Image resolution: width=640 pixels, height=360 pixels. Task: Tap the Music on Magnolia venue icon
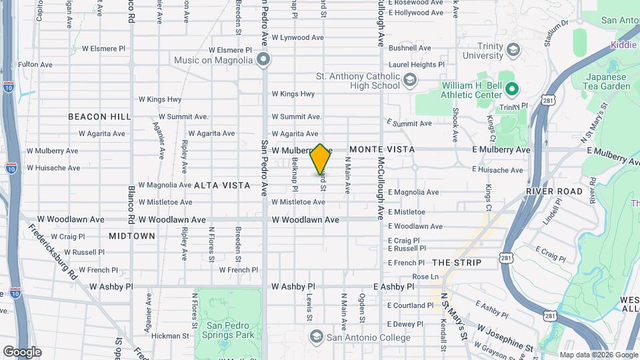click(264, 61)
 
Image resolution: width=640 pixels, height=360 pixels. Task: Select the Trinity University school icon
click(513, 50)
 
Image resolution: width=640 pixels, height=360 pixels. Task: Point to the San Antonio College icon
click(316, 335)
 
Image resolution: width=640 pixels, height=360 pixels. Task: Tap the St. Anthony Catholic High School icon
click(410, 81)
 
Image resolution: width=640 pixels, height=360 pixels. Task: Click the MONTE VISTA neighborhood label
click(382, 149)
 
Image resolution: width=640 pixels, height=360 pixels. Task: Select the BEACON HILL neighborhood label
click(99, 117)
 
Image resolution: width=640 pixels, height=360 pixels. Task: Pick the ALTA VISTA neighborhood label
click(223, 185)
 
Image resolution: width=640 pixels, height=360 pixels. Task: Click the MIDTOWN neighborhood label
click(132, 236)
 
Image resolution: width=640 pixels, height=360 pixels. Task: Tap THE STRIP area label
click(456, 263)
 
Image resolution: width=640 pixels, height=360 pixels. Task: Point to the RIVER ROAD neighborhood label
click(555, 191)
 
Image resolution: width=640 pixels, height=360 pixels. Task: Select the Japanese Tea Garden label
click(607, 81)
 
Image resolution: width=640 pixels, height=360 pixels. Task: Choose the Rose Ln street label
click(425, 276)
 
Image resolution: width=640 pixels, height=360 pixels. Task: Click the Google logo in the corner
click(22, 352)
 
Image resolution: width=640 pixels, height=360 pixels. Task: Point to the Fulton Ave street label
click(35, 65)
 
